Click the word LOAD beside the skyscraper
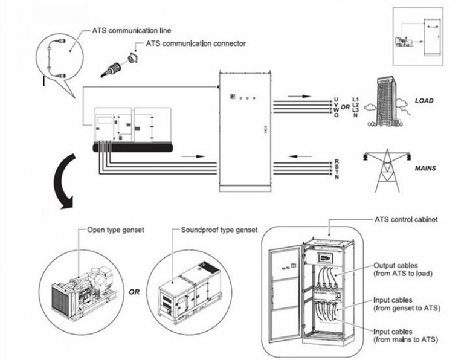pos(424,101)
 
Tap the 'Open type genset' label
pos(117,230)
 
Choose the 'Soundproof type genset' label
pos(219,230)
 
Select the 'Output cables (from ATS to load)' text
pos(402,269)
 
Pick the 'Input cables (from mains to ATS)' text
pos(402,336)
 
